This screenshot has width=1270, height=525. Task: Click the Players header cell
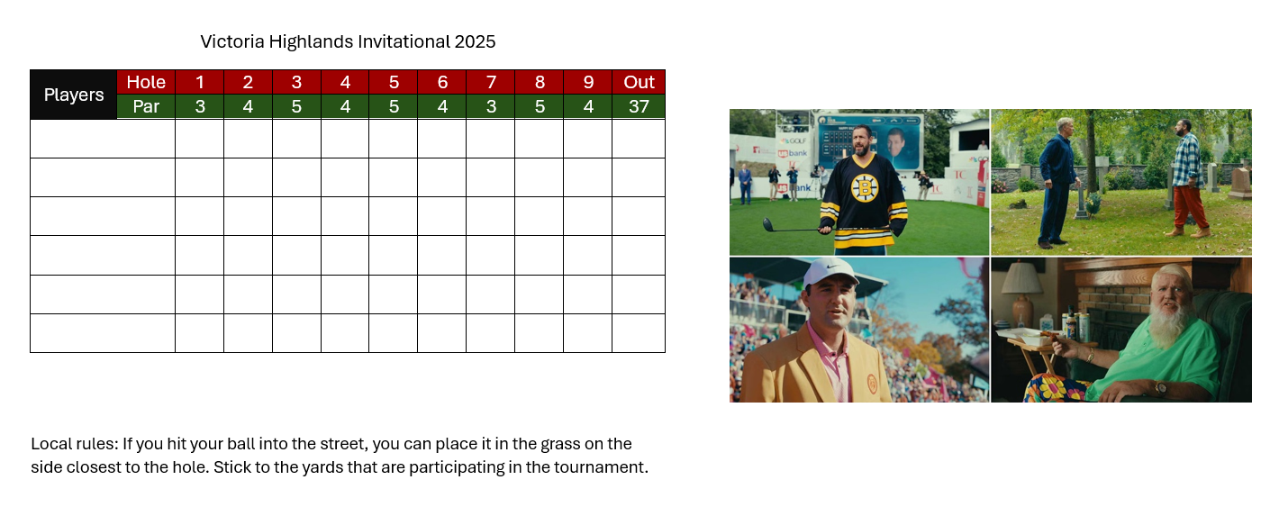(x=74, y=95)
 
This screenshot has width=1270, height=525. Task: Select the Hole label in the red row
(x=146, y=82)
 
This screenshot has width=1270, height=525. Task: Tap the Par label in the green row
(x=146, y=106)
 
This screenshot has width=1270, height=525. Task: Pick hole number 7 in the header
(x=491, y=82)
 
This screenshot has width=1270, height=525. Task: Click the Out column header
(x=639, y=82)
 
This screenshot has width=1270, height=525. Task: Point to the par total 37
(x=639, y=106)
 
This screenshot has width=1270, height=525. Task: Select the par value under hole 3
(x=296, y=106)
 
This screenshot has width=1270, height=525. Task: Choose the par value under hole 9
(x=588, y=106)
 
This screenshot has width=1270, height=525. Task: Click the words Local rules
(x=74, y=444)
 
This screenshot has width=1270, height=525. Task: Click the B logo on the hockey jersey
(x=865, y=188)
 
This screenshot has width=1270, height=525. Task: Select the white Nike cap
(x=832, y=273)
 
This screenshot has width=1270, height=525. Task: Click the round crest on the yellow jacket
(x=872, y=384)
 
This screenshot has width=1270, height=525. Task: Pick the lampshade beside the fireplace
(x=1023, y=277)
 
